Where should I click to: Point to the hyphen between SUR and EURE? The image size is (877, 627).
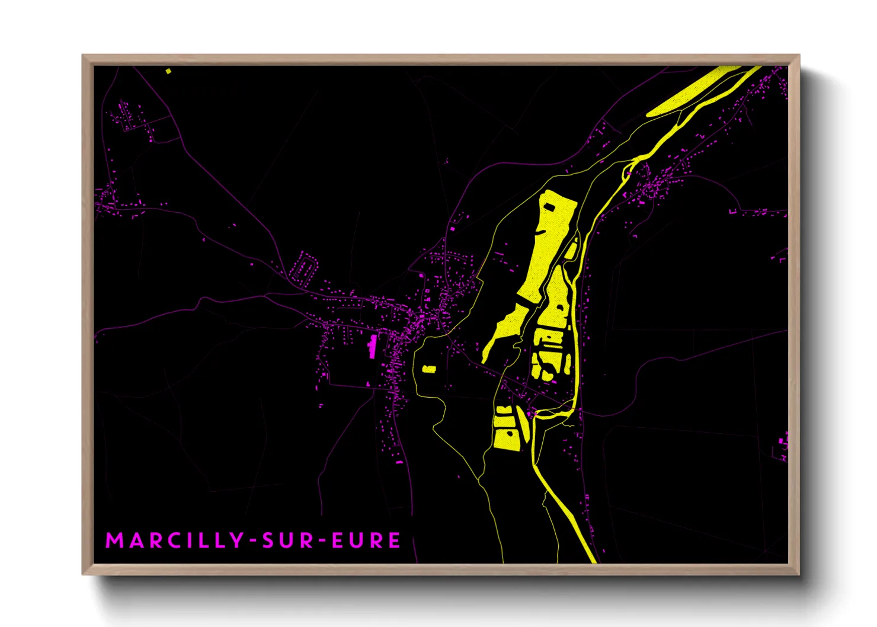(322, 541)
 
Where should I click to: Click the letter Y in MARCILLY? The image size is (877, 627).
(236, 540)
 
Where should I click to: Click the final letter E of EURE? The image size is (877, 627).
(395, 540)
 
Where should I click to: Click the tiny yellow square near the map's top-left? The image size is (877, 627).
(168, 71)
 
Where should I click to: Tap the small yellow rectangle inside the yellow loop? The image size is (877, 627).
(429, 369)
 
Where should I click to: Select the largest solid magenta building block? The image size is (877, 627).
(373, 346)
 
